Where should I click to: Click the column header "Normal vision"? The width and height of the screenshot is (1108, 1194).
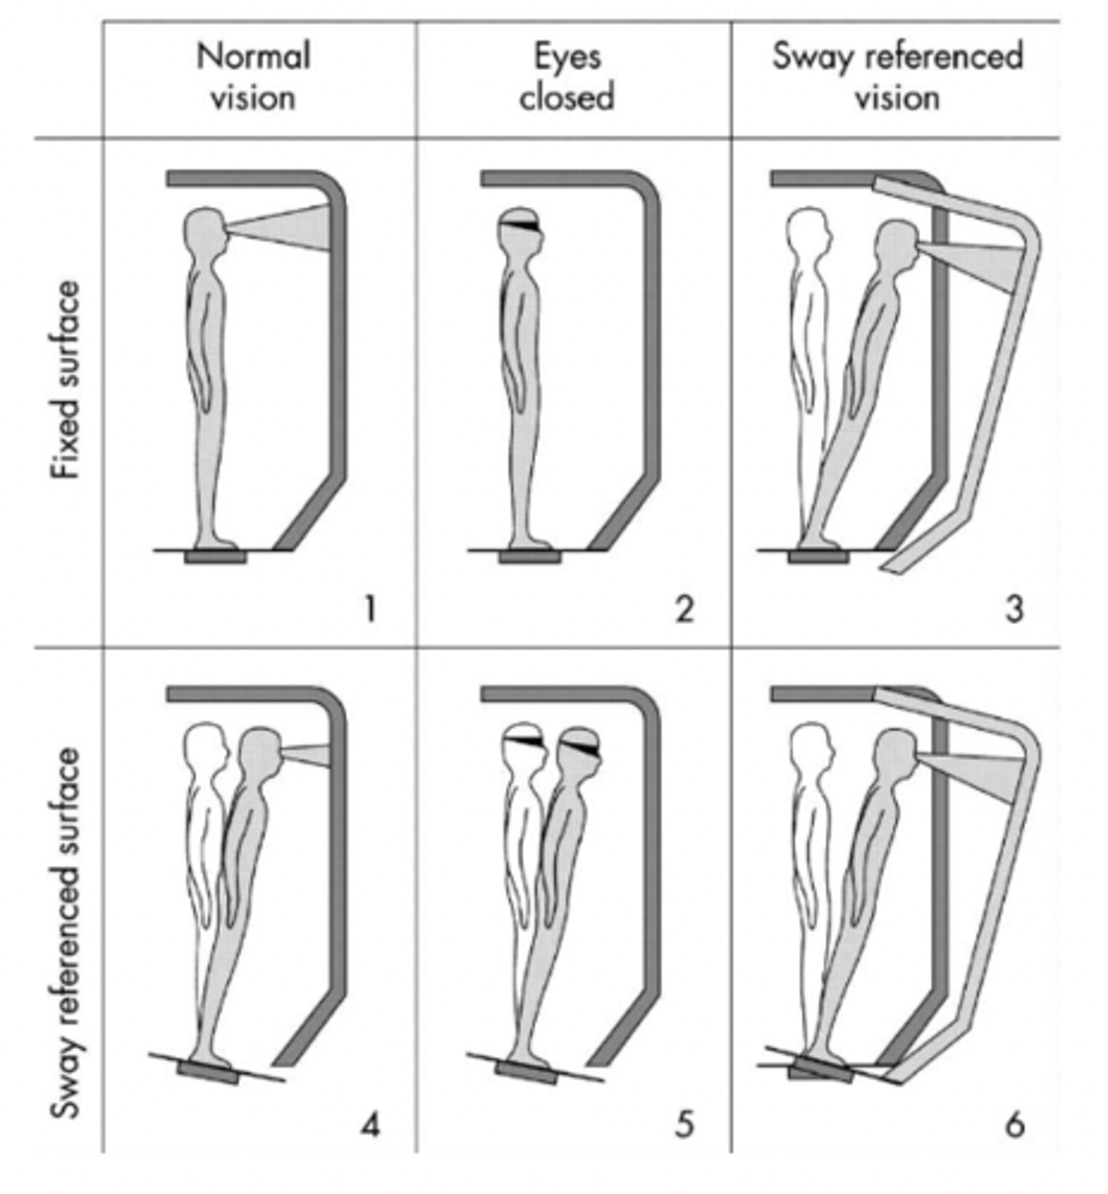(253, 77)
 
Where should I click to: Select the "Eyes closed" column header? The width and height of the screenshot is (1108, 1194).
(566, 77)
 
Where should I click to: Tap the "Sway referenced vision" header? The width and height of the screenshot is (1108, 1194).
(898, 77)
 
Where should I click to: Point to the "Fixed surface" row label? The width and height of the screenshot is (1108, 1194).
(65, 379)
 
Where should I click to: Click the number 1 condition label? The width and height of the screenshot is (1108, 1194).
(370, 610)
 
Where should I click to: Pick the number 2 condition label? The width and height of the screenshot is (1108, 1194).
(685, 610)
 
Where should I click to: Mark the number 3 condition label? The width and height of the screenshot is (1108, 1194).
(1014, 610)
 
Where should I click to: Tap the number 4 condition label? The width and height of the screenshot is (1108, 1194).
(370, 1124)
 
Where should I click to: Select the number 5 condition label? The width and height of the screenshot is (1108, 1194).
(685, 1124)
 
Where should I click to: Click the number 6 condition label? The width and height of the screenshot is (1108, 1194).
(1014, 1124)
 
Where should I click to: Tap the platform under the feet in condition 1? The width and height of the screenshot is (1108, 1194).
(215, 557)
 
